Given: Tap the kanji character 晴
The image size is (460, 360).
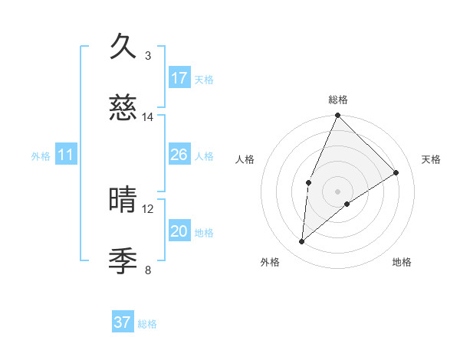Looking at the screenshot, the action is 124,201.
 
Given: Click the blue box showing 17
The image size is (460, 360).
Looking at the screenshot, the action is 179,78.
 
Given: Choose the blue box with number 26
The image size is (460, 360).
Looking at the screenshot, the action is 179,155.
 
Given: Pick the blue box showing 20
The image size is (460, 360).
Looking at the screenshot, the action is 179,231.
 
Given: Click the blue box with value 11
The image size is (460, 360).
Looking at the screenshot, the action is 66,155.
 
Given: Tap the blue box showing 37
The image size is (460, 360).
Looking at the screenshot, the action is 123,322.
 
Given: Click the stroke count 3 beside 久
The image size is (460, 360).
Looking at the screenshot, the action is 148,56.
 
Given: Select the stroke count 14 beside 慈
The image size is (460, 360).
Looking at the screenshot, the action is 148,117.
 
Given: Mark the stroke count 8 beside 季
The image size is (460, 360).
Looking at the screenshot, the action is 148,270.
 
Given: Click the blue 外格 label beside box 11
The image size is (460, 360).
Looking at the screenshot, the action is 41,156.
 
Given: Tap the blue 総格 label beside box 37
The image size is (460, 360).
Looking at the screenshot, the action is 147,324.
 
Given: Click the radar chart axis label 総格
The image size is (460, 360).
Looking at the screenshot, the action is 337,100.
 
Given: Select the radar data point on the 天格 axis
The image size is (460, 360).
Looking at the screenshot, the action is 396,172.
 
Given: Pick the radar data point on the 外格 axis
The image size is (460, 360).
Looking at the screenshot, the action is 302,241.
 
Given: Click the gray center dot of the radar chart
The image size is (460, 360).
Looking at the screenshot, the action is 337,191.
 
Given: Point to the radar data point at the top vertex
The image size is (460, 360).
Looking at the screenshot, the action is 337,116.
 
